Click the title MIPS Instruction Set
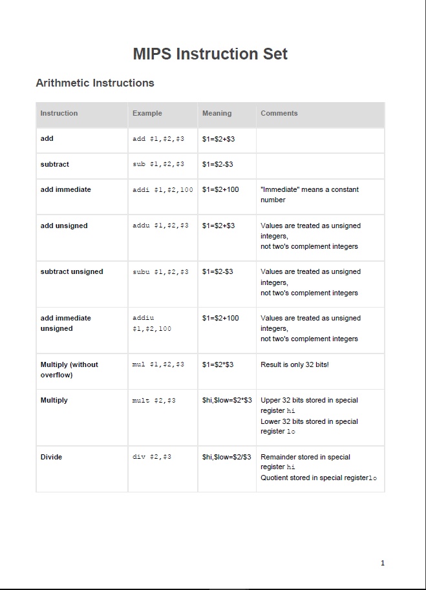(x=210, y=54)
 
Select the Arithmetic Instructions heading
(x=95, y=83)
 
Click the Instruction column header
(x=59, y=113)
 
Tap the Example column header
(x=147, y=113)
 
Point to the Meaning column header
(x=217, y=113)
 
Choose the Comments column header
(x=279, y=113)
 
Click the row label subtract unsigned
(x=72, y=271)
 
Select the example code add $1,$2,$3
(x=158, y=139)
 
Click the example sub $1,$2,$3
(x=158, y=164)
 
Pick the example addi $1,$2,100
(x=163, y=189)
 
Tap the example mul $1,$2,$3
(x=158, y=364)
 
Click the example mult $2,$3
(x=154, y=401)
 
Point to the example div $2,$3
(x=152, y=457)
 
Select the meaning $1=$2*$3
(x=218, y=364)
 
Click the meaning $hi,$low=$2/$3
(x=227, y=457)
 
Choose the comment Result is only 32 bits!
(x=295, y=364)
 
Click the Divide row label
(x=52, y=457)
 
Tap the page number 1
(x=383, y=563)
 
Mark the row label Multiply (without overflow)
(x=69, y=370)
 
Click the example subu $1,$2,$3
(x=160, y=271)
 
